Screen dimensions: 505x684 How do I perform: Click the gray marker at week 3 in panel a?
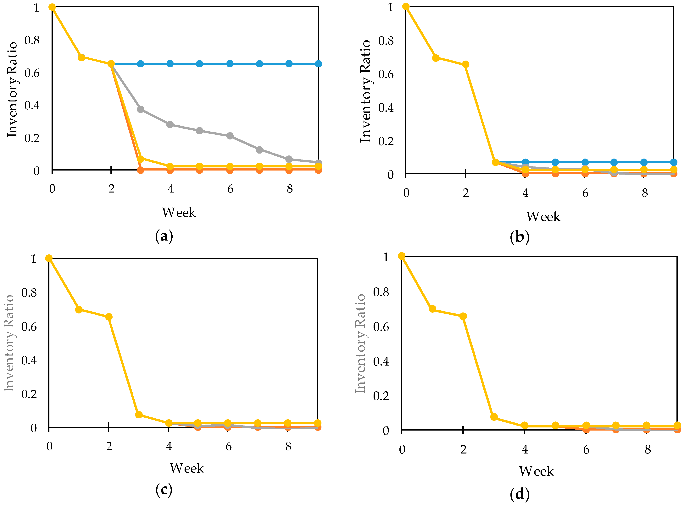click(x=140, y=109)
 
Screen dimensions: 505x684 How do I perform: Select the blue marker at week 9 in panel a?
click(x=318, y=64)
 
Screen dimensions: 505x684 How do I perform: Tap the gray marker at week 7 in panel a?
click(x=259, y=150)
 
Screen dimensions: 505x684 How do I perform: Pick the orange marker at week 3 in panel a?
click(x=140, y=170)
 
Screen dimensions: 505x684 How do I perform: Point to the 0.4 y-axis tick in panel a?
click(x=32, y=106)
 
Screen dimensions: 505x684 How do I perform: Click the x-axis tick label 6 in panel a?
click(x=230, y=189)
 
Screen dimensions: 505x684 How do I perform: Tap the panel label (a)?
click(x=164, y=236)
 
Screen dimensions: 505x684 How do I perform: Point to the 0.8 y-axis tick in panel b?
click(x=386, y=41)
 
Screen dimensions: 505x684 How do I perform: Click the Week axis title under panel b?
click(x=543, y=217)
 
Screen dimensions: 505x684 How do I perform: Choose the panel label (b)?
click(x=520, y=237)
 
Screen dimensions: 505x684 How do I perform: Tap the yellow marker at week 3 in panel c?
click(x=139, y=415)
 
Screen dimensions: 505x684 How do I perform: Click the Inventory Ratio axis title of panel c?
click(x=9, y=343)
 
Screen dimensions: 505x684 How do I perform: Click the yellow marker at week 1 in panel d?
click(x=432, y=309)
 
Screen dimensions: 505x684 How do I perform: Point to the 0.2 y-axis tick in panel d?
click(x=381, y=396)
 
